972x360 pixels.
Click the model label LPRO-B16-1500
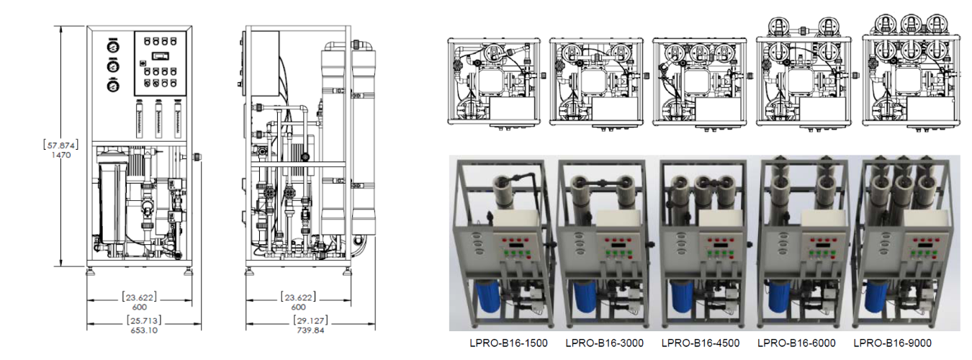(508, 343)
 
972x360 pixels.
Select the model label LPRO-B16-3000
(605, 343)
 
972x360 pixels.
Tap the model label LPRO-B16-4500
(701, 343)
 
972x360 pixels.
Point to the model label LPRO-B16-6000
(796, 343)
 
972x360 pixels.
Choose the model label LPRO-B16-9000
(892, 343)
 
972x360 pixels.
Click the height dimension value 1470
(60, 155)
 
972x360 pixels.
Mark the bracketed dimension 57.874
(60, 145)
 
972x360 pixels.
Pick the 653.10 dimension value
(144, 330)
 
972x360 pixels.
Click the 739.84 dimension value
(311, 330)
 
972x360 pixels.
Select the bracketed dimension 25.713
(144, 320)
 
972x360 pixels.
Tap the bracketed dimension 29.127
(311, 320)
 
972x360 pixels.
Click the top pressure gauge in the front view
(113, 46)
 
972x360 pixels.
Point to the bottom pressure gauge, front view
(113, 86)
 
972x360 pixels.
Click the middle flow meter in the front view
(159, 119)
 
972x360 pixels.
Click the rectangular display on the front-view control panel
(160, 55)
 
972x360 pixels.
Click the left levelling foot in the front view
(91, 271)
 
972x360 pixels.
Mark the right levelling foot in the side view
(348, 271)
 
